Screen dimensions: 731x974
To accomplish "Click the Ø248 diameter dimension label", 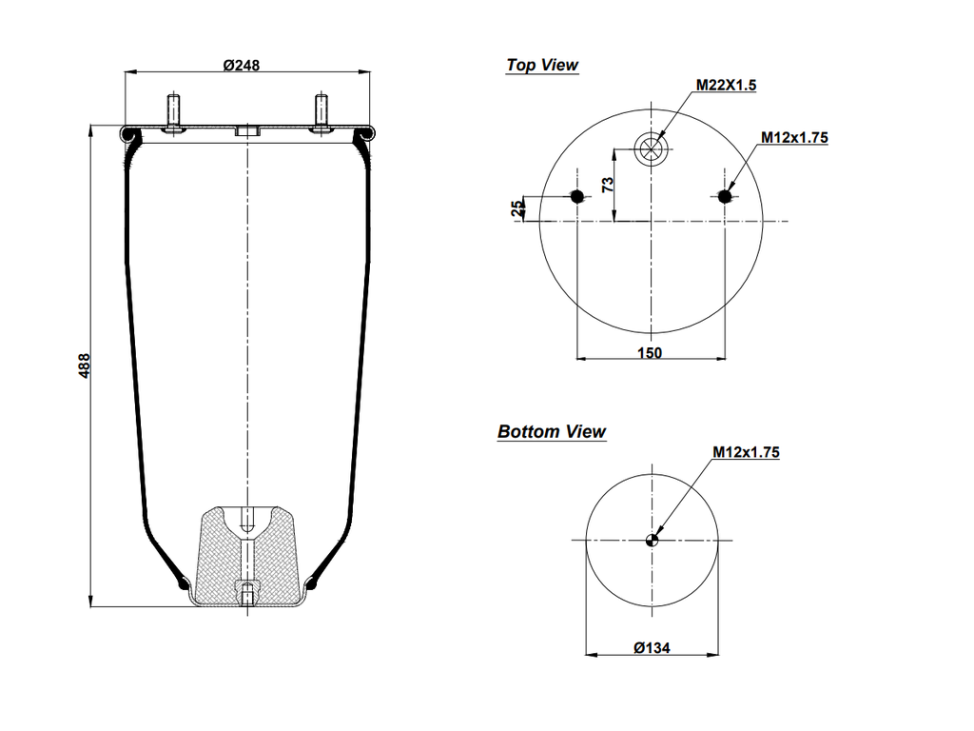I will pyautogui.click(x=242, y=65).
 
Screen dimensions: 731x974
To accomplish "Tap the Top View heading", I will pyautogui.click(x=542, y=65).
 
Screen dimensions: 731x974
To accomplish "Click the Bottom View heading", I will pyautogui.click(x=552, y=432).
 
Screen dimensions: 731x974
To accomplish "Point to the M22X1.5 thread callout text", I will pyautogui.click(x=726, y=85).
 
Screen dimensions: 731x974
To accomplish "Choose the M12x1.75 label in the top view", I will pyautogui.click(x=794, y=137).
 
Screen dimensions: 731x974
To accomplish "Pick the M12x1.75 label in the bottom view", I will pyautogui.click(x=746, y=452).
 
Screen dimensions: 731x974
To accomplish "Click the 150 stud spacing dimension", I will pyautogui.click(x=650, y=352).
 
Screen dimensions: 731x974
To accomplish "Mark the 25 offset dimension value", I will pyautogui.click(x=517, y=208).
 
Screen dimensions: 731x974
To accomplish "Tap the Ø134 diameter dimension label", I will pyautogui.click(x=652, y=648).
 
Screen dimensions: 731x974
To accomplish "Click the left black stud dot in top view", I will pyautogui.click(x=576, y=196).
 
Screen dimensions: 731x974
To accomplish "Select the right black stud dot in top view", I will pyautogui.click(x=726, y=196).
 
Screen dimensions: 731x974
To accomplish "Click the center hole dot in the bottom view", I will pyautogui.click(x=652, y=541).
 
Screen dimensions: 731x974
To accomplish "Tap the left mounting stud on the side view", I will pyautogui.click(x=174, y=111).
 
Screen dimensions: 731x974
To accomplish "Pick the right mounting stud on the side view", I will pyautogui.click(x=320, y=111).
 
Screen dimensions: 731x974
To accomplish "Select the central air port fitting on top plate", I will pyautogui.click(x=247, y=130).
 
